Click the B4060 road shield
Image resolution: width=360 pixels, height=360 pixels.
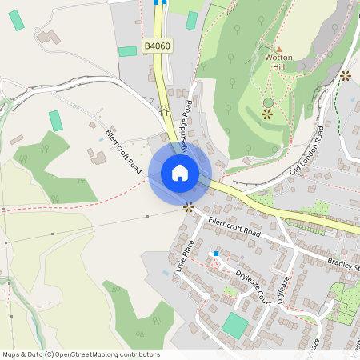[158, 47]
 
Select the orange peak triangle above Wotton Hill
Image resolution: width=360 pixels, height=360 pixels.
[278, 49]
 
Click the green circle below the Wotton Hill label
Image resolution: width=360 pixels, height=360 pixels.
[268, 102]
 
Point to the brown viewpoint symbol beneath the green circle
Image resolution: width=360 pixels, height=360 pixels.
[267, 114]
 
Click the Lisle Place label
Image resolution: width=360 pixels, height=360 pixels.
[185, 258]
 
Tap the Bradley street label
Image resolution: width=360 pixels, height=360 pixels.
[344, 262]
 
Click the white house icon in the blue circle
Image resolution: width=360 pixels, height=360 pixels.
[180, 173]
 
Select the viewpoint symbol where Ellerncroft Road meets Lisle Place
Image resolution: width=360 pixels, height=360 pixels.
[189, 207]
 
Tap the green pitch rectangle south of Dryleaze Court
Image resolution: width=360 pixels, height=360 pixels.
[234, 325]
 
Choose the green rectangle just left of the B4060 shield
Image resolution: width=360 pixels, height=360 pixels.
[128, 51]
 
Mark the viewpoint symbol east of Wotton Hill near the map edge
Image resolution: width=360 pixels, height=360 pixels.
[345, 76]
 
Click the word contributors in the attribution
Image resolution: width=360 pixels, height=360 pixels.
[140, 354]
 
